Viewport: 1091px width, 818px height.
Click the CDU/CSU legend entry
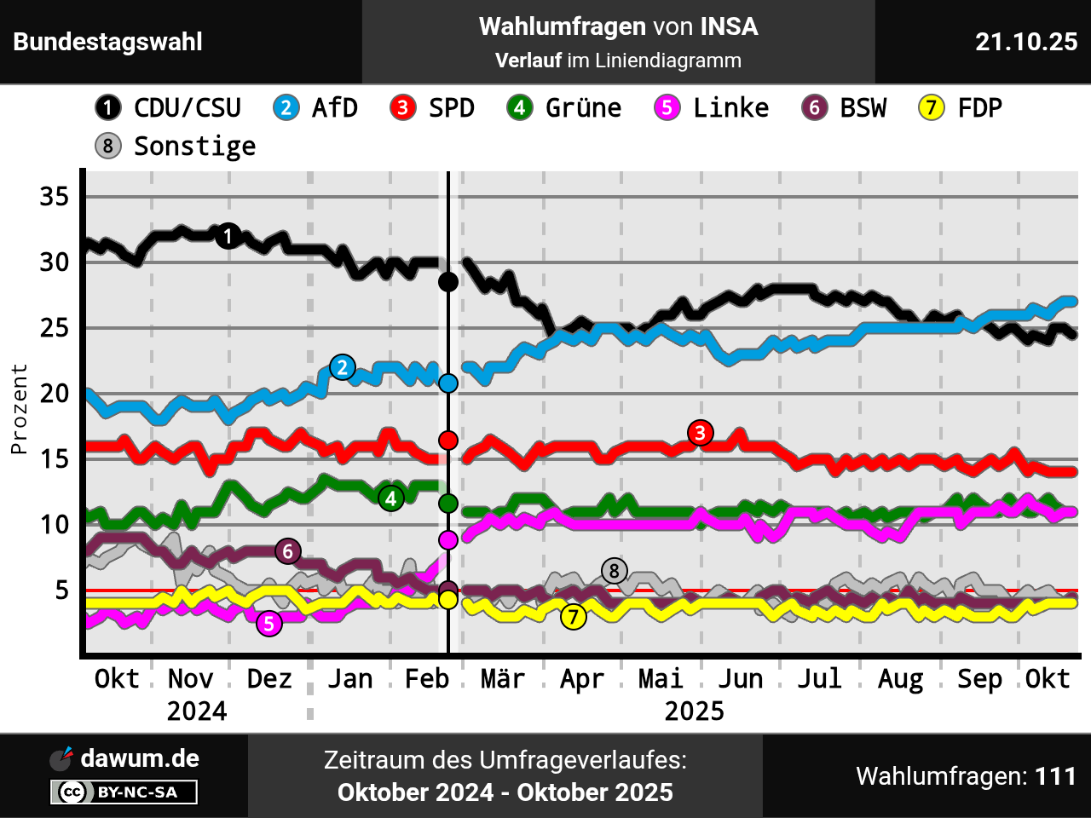tap(169, 108)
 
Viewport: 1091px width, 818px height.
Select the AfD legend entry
tap(315, 108)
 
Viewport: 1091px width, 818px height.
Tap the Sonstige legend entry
tap(176, 147)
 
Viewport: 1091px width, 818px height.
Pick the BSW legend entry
tap(845, 108)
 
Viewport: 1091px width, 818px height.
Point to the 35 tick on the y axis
tap(54, 197)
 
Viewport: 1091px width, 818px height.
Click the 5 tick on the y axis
tap(61, 590)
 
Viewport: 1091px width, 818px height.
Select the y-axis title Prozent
tap(19, 409)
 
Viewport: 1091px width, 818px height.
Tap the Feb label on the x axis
tap(426, 679)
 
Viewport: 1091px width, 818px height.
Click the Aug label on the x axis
tap(900, 679)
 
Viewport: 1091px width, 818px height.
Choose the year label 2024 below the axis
tap(197, 711)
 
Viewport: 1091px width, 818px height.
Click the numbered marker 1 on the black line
tap(228, 236)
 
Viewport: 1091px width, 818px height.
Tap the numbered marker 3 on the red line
tap(700, 433)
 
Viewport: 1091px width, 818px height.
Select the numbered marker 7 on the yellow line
tap(574, 616)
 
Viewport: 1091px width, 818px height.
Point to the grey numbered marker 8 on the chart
tap(614, 571)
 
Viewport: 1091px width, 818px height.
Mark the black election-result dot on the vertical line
tap(448, 282)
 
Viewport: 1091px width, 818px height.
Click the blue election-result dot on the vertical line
tap(448, 383)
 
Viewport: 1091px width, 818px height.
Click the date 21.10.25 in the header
tap(1026, 42)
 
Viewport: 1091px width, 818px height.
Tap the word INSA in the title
tap(729, 27)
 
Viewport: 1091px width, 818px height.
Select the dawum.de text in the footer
tap(140, 758)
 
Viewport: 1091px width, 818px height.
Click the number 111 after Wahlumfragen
tap(1056, 776)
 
